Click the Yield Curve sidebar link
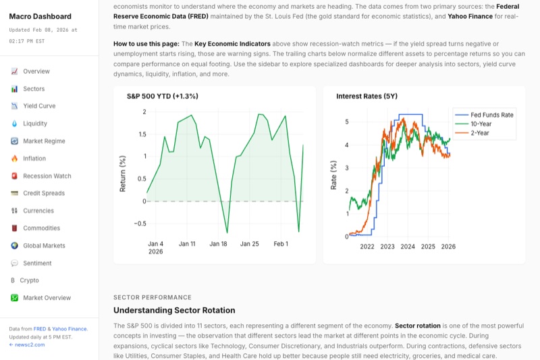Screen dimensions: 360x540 [39, 106]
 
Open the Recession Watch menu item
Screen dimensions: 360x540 [47, 176]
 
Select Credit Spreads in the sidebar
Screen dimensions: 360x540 [44, 193]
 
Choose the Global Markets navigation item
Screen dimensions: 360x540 [44, 246]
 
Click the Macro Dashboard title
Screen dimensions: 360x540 [40, 16]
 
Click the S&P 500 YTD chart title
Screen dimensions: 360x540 [163, 97]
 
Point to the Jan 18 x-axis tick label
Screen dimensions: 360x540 [219, 244]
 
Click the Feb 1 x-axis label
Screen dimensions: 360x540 [281, 244]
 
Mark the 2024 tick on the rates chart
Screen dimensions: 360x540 [408, 247]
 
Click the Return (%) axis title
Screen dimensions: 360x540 [123, 174]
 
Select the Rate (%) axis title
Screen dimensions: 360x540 [333, 174]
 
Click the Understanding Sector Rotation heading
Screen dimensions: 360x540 [174, 311]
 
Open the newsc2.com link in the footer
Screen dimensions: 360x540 [29, 344]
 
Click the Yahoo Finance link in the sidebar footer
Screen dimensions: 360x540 [69, 329]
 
